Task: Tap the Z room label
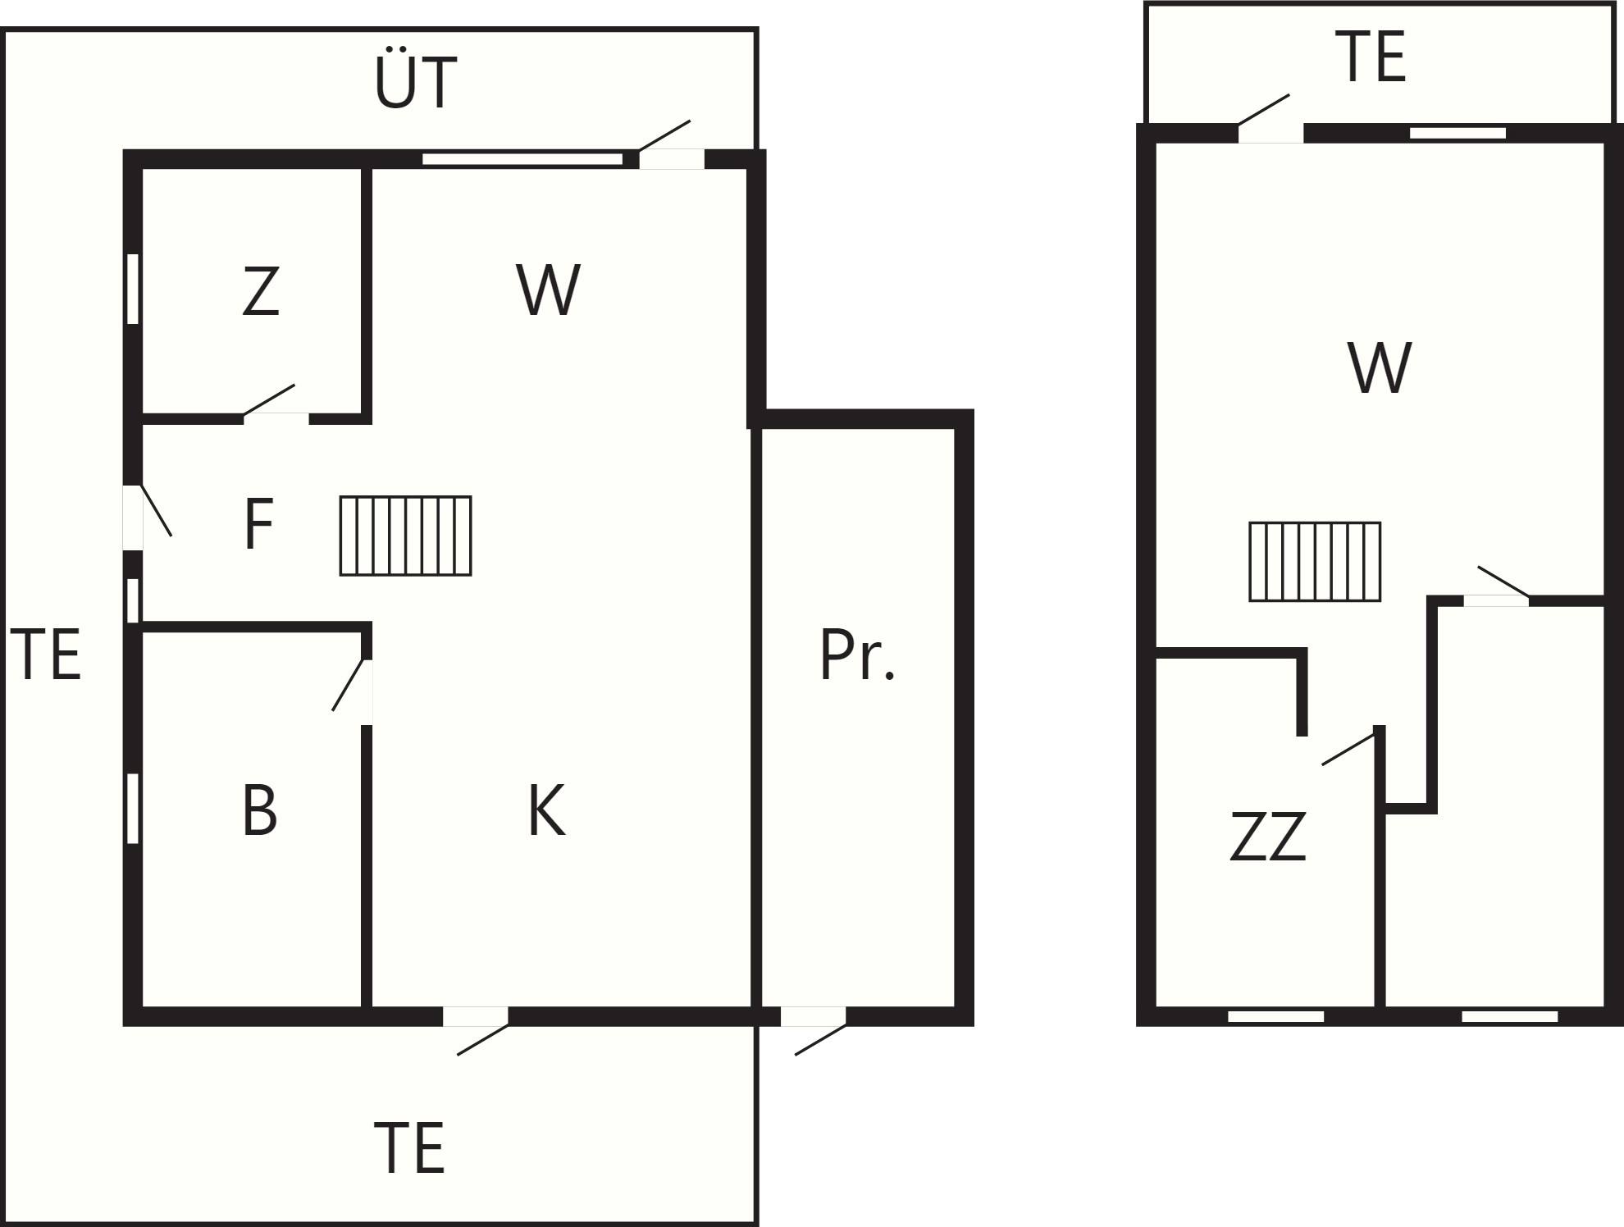pos(261,291)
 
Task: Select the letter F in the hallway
pos(258,524)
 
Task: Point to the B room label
pos(260,810)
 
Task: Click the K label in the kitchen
pos(546,810)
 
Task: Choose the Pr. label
pos(857,655)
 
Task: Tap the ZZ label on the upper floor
pos(1267,836)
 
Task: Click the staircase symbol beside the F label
pos(406,536)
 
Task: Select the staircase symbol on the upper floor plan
pos(1315,562)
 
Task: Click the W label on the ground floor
pos(548,290)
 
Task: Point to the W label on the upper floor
pos(1380,368)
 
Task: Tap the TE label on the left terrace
pos(45,655)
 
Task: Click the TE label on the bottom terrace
pos(408,1148)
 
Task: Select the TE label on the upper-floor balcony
pos(1371,57)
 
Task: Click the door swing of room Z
pos(269,399)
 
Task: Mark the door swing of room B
pos(348,685)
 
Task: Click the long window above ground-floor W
pos(522,159)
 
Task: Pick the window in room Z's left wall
pos(133,289)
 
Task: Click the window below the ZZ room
pos(1275,1016)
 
